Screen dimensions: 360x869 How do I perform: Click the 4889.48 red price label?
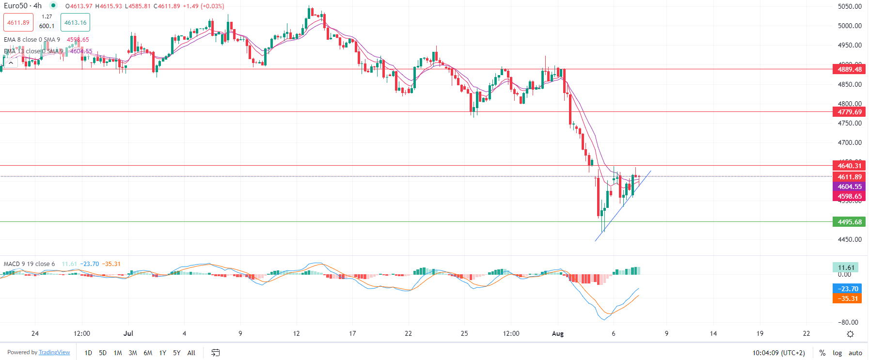click(850, 69)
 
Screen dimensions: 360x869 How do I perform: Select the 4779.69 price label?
click(850, 112)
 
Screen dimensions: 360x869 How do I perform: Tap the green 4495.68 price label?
click(850, 222)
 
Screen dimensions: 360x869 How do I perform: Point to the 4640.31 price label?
click(850, 166)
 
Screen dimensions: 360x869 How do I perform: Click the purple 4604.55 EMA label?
click(850, 187)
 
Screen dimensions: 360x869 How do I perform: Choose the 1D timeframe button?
click(88, 353)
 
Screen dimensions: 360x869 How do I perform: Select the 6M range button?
click(148, 353)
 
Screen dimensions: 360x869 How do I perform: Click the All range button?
click(191, 353)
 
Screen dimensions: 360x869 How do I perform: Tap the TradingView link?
click(54, 352)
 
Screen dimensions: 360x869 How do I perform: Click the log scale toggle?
click(837, 353)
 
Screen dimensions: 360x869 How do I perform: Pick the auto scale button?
click(855, 353)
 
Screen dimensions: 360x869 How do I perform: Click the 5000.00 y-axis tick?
click(850, 26)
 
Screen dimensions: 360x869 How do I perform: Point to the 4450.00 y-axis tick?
click(850, 239)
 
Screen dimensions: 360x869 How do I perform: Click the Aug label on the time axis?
click(558, 333)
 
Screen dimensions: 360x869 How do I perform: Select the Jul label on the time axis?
click(128, 333)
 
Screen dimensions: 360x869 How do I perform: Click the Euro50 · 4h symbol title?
click(23, 6)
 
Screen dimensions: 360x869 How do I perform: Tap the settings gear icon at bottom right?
click(850, 334)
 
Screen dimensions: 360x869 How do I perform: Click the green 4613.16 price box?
click(75, 23)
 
